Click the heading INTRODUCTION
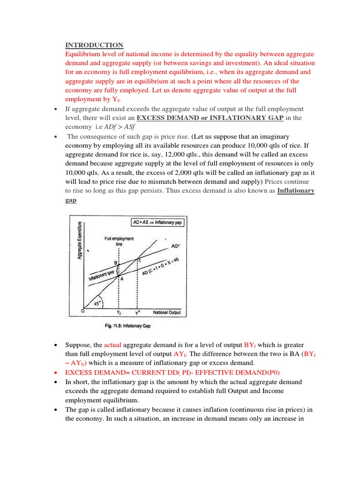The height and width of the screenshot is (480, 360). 94,45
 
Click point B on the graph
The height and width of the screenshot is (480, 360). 115,263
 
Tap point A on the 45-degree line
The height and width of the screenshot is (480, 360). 121,278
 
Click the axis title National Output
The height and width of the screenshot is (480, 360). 166,312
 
